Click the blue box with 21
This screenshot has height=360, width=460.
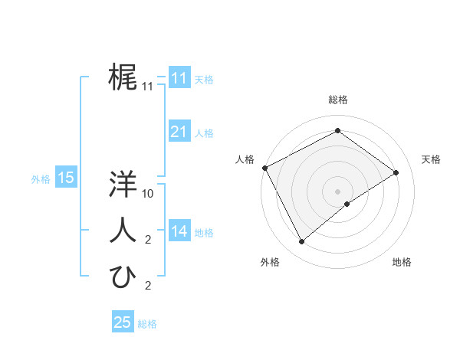pos(179,132)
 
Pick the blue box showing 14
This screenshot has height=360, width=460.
pos(179,231)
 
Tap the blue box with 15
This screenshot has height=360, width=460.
pos(66,178)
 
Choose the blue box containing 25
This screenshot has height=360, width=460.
pos(123,322)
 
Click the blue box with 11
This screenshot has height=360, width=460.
pos(179,78)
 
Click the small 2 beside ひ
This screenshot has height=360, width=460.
pos(148,286)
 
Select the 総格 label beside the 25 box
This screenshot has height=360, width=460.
pos(147,324)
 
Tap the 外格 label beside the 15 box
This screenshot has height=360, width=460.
pos(41,179)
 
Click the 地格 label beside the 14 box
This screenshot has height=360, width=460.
pos(204,232)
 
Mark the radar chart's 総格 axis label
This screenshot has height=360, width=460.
pos(338,100)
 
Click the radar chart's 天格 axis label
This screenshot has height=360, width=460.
pos(431,159)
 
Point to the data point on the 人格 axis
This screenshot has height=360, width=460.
pos(264,168)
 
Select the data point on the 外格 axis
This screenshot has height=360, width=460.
pos(301,242)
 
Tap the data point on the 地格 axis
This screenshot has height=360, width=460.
pos(347,204)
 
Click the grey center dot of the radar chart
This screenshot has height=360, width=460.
pos(338,191)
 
